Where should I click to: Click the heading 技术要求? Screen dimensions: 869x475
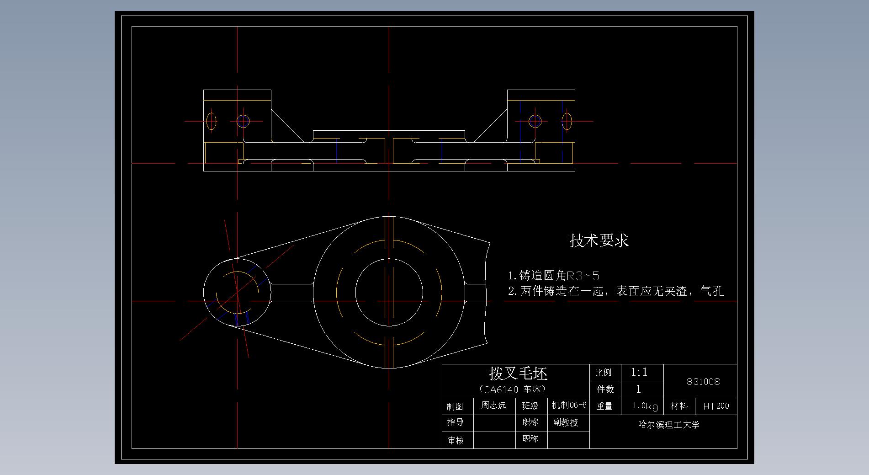599,240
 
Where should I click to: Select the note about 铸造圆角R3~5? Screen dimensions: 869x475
554,275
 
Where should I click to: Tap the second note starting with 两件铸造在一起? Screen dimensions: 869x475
616,291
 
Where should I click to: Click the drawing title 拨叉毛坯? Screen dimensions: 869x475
518,374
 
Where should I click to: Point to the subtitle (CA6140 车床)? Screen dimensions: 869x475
513,390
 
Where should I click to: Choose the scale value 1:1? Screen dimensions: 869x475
639,372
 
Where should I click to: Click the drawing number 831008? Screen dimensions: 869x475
703,382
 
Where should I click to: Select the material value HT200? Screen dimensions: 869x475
716,406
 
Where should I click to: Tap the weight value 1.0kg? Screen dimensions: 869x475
645,406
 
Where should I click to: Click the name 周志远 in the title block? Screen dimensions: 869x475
493,406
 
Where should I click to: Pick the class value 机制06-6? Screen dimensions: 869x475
569,405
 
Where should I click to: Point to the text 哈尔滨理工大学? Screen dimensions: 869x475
669,425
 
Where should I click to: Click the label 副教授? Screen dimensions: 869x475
566,422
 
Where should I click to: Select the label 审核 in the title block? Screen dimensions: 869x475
456,440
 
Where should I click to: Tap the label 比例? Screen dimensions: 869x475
603,373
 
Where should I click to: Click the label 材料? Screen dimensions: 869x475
679,406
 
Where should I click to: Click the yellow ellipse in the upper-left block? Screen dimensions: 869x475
211,121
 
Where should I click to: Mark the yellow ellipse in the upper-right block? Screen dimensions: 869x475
567,121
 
